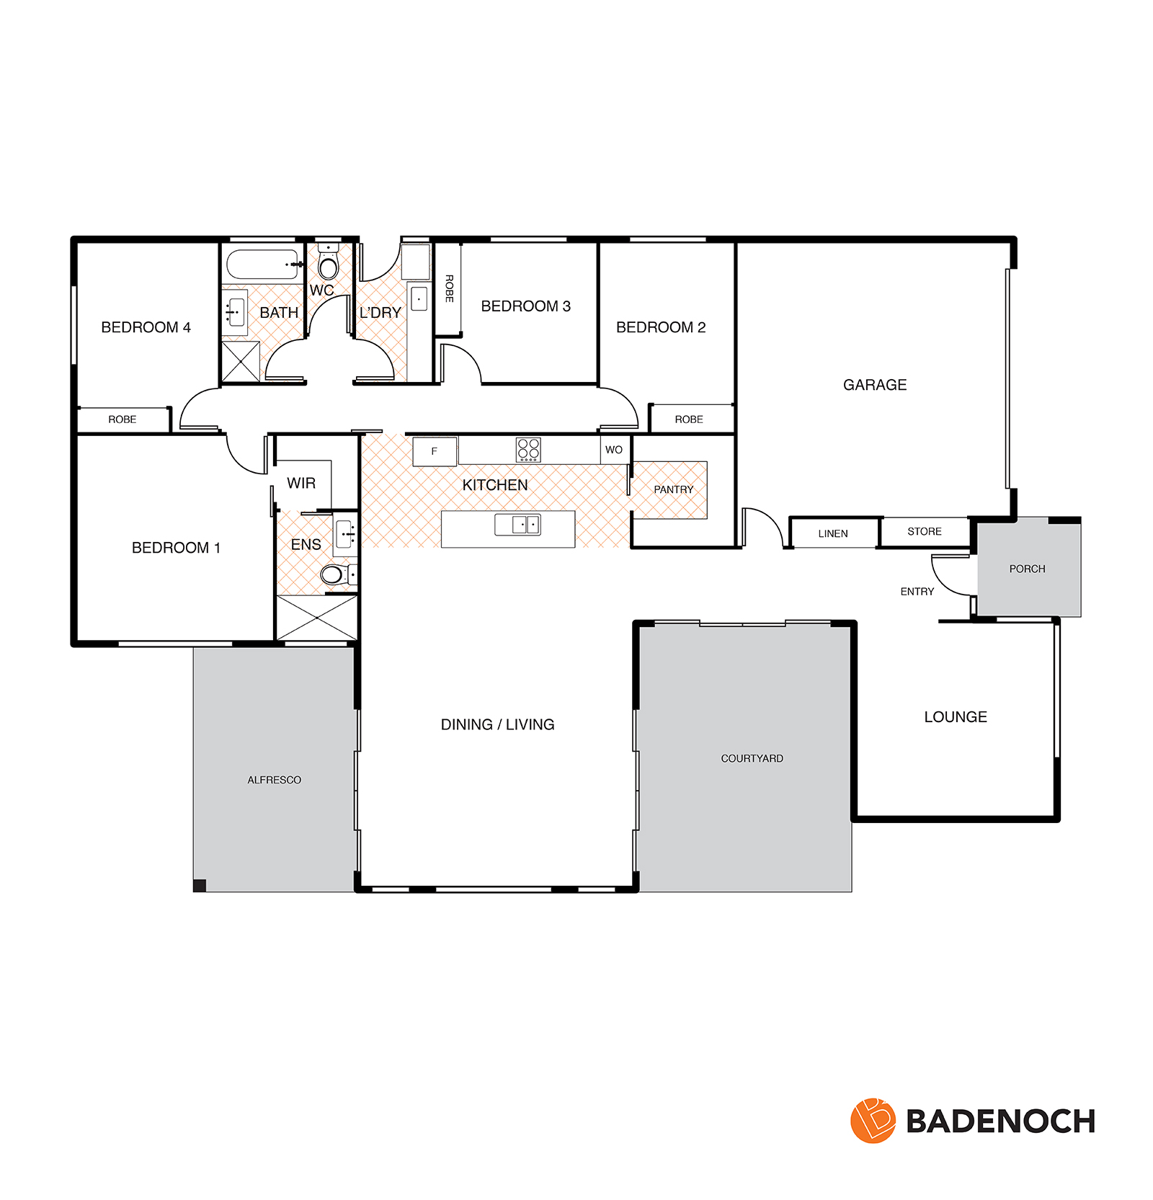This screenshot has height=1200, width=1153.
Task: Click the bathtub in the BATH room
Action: click(262, 265)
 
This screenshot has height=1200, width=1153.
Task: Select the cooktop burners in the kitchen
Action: click(528, 450)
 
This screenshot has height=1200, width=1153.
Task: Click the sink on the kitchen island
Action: click(517, 525)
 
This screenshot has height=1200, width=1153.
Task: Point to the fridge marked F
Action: click(435, 451)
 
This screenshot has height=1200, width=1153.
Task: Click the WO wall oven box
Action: click(615, 450)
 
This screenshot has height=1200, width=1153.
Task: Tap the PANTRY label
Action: click(673, 489)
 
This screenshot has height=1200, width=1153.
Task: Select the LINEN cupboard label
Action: click(833, 534)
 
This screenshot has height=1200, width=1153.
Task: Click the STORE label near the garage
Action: click(925, 531)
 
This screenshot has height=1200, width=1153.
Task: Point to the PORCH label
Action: click(1027, 569)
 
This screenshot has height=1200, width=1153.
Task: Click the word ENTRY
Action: click(917, 592)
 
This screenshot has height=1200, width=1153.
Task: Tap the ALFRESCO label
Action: click(274, 780)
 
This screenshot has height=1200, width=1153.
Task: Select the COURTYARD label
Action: click(752, 758)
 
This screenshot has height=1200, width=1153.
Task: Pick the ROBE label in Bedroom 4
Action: click(122, 419)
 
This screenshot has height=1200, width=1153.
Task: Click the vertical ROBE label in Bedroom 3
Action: click(449, 288)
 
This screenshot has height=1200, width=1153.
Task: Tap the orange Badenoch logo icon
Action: click(873, 1121)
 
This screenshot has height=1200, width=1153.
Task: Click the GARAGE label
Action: click(875, 385)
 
